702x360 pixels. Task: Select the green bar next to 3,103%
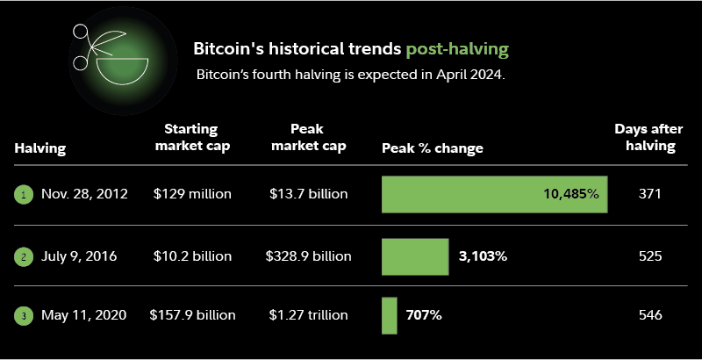415,256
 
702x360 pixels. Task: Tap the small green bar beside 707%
389,315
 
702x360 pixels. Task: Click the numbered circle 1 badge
24,195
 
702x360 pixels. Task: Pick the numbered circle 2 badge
24,257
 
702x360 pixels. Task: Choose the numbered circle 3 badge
24,315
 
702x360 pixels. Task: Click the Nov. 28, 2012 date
84,194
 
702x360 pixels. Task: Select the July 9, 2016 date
79,256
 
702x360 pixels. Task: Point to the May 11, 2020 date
84,314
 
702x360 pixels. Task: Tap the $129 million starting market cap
192,194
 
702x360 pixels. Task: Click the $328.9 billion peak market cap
309,256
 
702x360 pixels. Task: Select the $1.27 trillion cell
309,314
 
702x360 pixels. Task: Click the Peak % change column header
433,148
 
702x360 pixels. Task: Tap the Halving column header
40,148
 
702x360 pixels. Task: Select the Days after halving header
645,138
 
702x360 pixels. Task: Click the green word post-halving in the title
456,48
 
